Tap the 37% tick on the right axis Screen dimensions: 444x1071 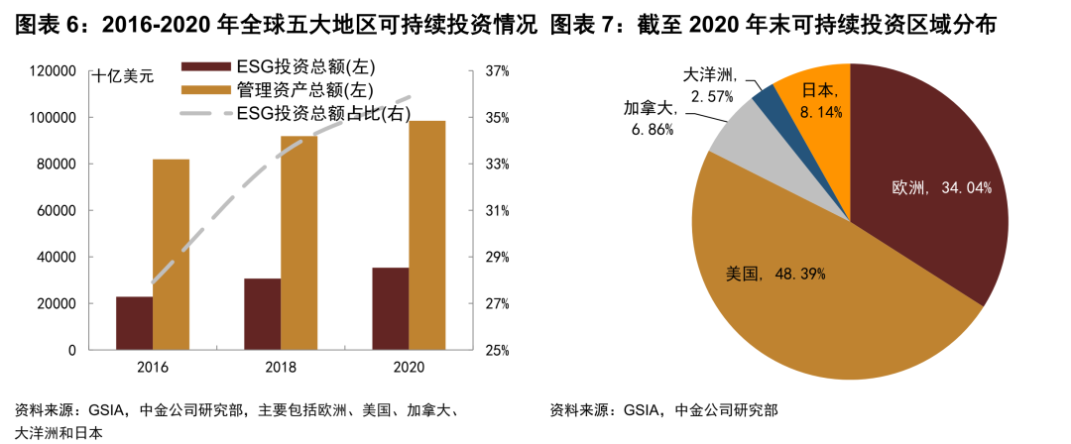point(497,71)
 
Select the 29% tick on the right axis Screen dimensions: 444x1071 point(497,258)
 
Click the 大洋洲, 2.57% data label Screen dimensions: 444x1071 point(710,85)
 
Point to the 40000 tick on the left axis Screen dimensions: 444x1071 point(59,258)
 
